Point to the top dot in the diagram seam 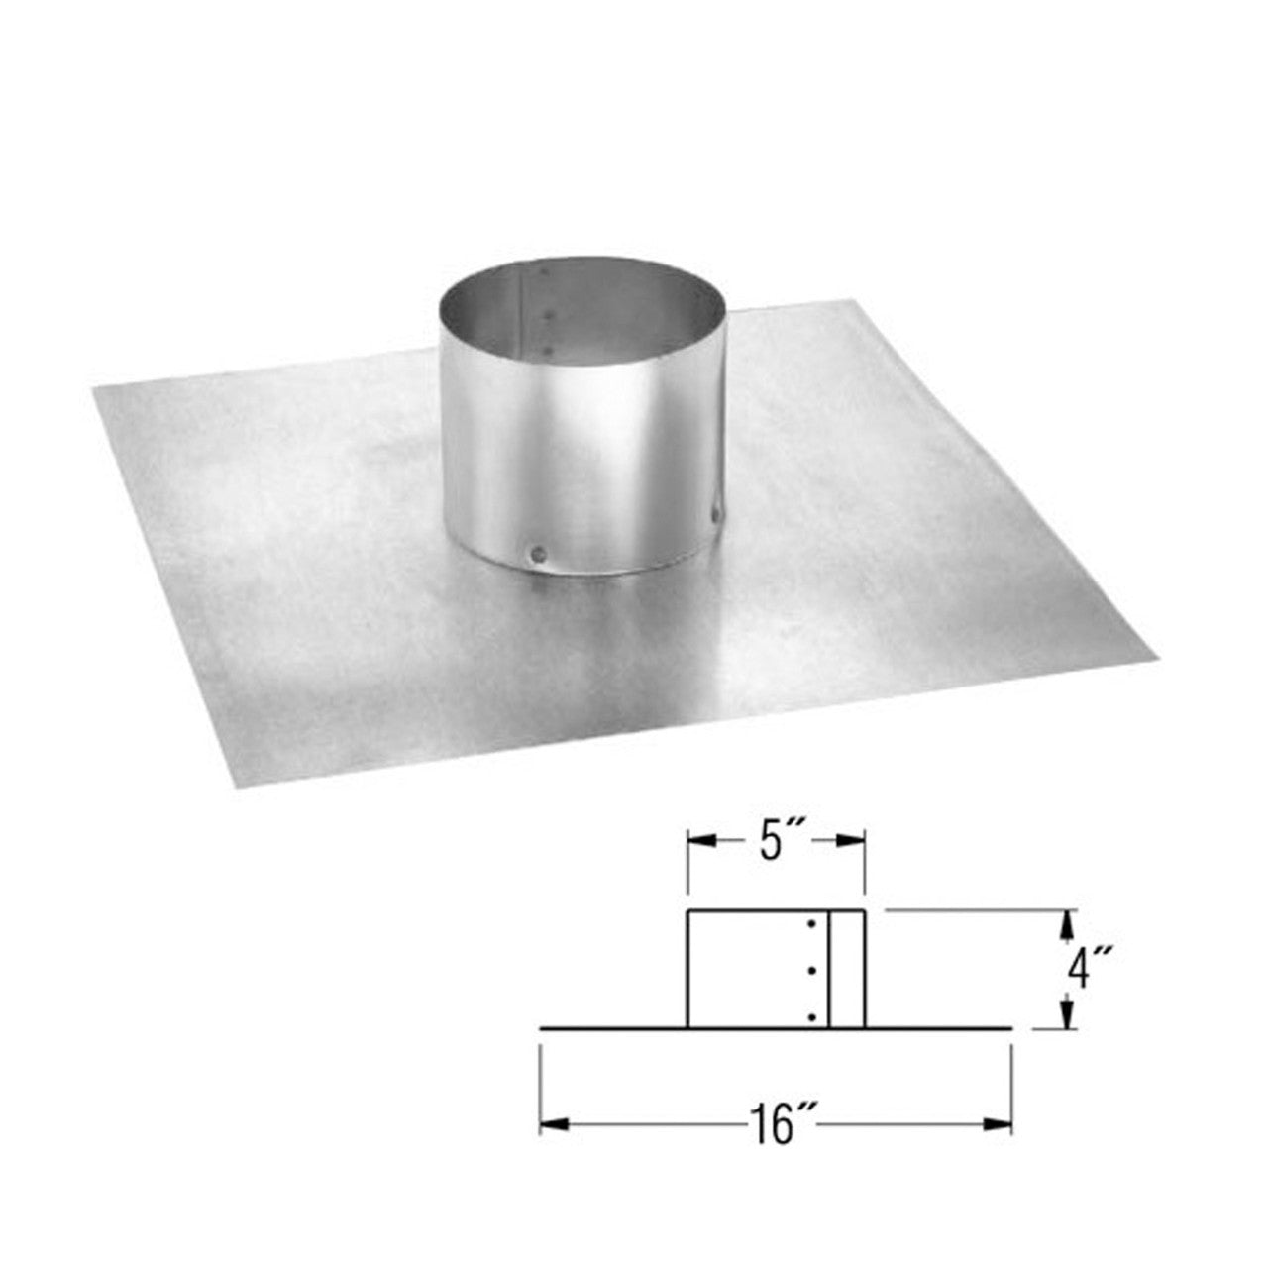(811, 924)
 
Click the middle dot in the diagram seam (811, 971)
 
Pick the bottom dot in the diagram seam (811, 1016)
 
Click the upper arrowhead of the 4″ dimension (1066, 922)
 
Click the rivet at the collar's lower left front (537, 553)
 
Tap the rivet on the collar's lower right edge (715, 512)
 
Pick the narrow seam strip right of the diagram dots (848, 971)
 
